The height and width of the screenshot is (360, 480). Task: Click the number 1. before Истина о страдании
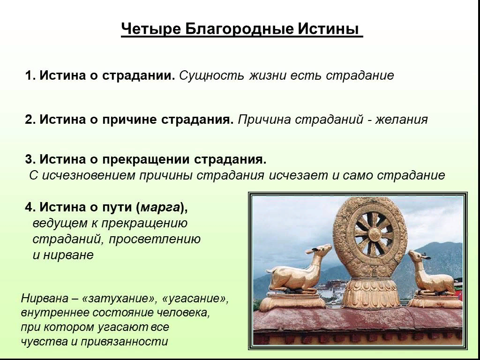(x=30, y=75)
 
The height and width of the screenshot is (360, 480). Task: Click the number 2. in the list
(x=30, y=120)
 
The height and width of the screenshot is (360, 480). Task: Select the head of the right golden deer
(x=417, y=257)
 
